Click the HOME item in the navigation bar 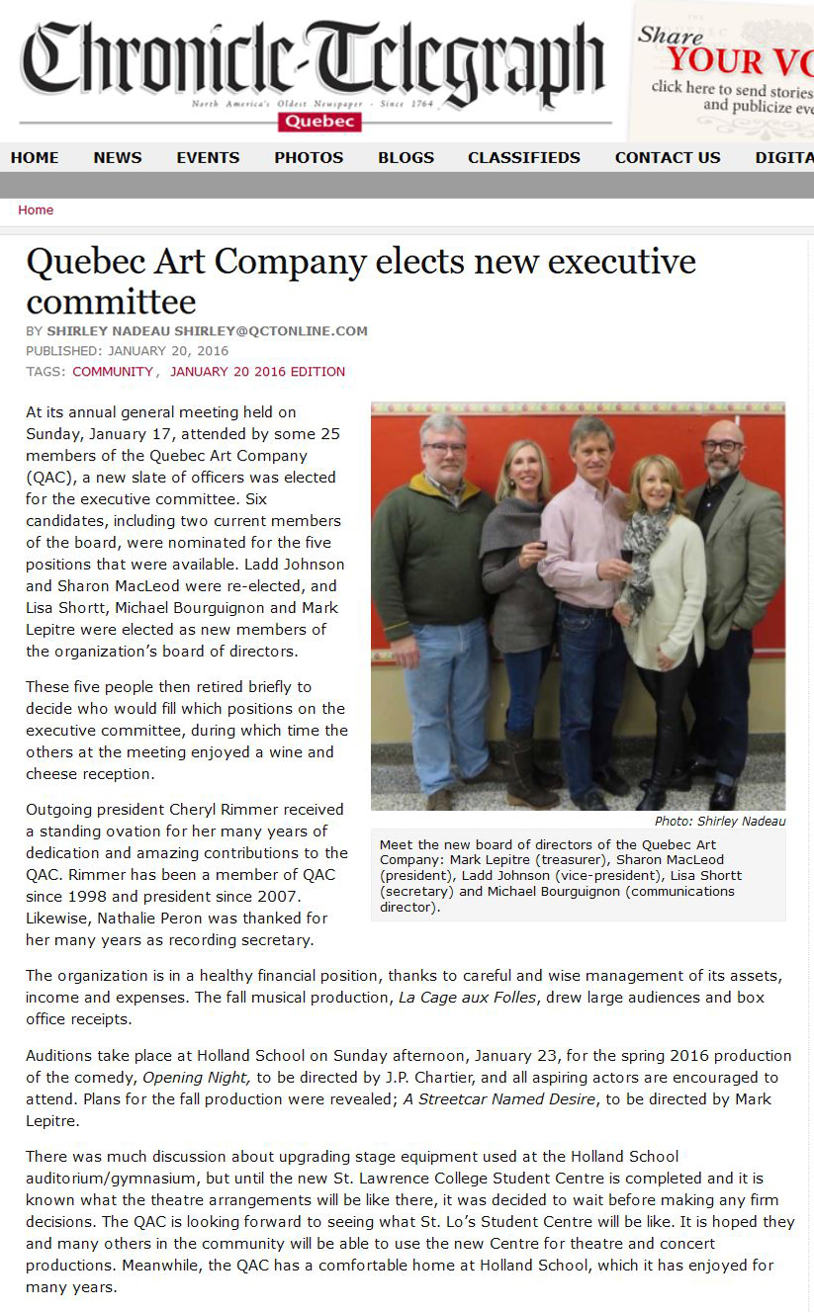35,157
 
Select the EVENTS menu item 208,157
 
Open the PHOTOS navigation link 309,157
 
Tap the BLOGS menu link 406,157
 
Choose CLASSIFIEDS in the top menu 524,157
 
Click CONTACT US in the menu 668,157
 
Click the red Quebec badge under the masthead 319,122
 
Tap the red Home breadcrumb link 36,210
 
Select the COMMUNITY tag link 113,372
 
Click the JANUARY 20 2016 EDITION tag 257,372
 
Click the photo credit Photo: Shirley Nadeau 720,822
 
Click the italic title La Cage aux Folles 469,998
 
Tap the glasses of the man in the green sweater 444,448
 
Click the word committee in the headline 111,302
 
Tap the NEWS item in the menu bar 118,157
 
